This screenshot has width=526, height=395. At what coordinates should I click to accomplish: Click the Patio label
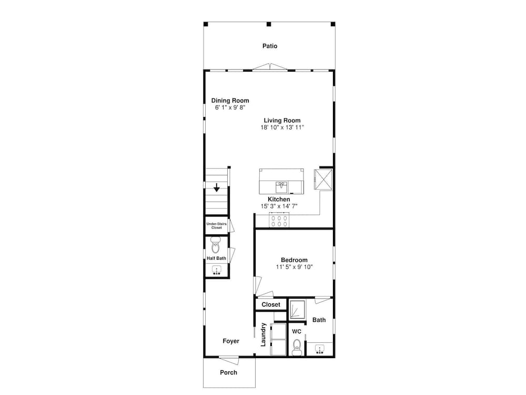(270, 46)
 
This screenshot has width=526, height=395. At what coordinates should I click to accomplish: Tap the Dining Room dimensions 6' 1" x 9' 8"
(230, 107)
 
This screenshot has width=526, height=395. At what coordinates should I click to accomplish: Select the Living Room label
(282, 120)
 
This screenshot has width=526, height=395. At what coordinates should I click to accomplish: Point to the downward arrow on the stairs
(217, 187)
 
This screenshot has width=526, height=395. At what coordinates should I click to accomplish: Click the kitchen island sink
(281, 187)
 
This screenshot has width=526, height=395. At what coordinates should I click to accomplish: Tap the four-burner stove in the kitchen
(279, 220)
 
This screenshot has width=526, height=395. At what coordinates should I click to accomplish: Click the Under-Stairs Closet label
(216, 226)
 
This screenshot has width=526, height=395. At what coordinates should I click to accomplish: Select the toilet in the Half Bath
(215, 245)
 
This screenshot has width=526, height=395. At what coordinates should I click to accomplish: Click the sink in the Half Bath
(217, 270)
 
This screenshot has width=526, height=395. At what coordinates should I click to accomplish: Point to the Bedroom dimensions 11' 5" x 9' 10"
(294, 267)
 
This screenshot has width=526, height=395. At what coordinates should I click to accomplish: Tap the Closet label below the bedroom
(271, 304)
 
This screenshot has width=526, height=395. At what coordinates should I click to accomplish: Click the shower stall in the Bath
(297, 309)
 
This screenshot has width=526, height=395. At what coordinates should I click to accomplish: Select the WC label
(297, 331)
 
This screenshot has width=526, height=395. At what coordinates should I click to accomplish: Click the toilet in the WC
(297, 347)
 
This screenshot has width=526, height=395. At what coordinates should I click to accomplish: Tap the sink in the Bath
(320, 349)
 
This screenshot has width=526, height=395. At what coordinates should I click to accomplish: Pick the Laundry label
(264, 334)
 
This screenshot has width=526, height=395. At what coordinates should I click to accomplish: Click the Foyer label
(231, 341)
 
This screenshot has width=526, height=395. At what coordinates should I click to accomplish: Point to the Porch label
(228, 372)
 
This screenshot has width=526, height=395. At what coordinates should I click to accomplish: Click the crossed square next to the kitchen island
(323, 180)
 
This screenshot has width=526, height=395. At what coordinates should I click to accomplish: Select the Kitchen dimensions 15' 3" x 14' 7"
(279, 206)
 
